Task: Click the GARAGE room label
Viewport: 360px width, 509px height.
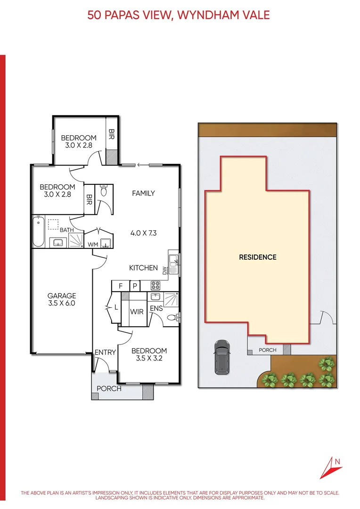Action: point(62,296)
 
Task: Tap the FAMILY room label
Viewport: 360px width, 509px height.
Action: point(143,193)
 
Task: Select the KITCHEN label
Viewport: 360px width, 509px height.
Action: point(144,268)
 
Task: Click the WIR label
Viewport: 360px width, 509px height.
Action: point(137,312)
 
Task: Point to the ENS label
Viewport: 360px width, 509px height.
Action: point(156,308)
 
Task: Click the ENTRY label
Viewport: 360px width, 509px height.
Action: point(105,353)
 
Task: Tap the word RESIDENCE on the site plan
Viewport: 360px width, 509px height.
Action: point(257,257)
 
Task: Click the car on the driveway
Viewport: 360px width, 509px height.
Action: point(221,357)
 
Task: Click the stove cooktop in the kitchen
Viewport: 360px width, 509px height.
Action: point(155,286)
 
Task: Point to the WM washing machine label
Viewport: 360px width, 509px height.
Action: point(93,245)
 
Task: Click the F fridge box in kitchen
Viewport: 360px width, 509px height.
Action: point(121,286)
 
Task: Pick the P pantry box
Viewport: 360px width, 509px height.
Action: point(134,286)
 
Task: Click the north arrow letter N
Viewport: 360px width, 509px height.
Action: point(337,461)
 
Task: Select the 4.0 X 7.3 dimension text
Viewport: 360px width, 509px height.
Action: point(143,233)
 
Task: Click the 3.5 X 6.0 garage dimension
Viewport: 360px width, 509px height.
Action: point(62,304)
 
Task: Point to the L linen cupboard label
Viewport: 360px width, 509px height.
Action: point(116,307)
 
